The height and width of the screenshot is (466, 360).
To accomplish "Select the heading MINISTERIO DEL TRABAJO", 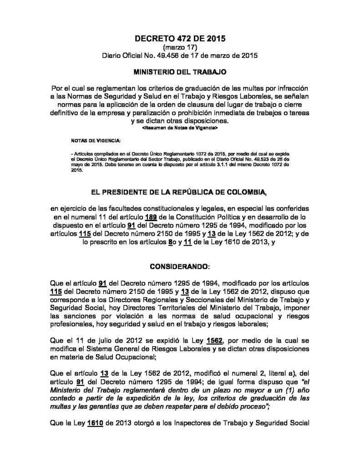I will tap(180, 72).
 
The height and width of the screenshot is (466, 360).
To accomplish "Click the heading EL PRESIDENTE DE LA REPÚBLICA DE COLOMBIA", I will tap(180, 193).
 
